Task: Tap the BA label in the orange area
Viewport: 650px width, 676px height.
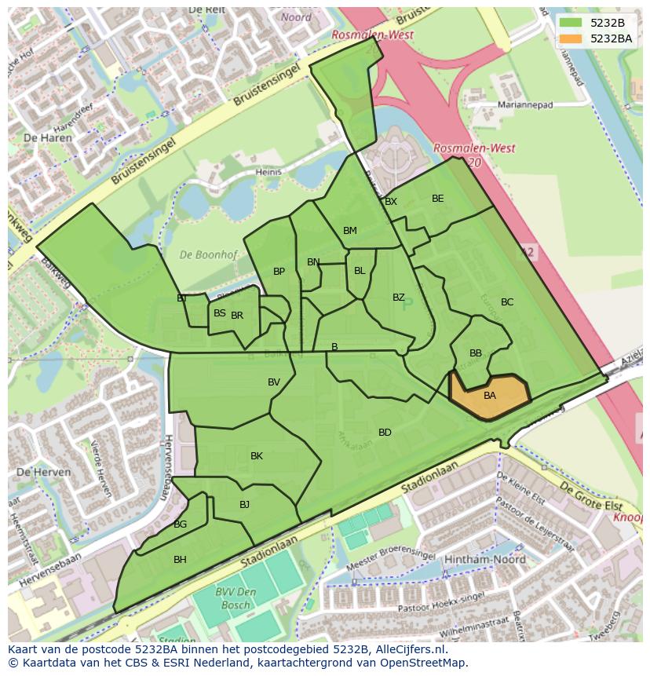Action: pyautogui.click(x=490, y=396)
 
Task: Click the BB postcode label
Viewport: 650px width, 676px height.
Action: pyautogui.click(x=476, y=353)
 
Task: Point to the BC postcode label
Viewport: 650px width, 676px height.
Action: pyautogui.click(x=507, y=302)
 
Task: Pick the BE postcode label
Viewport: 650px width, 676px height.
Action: pyautogui.click(x=438, y=199)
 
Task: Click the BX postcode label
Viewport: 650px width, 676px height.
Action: pyautogui.click(x=391, y=202)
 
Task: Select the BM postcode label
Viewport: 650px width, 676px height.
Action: pyautogui.click(x=350, y=231)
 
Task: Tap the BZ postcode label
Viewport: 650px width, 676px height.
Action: pyautogui.click(x=399, y=298)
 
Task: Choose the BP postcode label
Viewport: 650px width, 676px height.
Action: pyautogui.click(x=279, y=272)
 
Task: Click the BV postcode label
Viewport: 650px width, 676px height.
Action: pyautogui.click(x=274, y=382)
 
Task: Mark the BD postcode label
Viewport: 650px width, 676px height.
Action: pyautogui.click(x=385, y=433)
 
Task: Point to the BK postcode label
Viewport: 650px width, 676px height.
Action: pyautogui.click(x=257, y=456)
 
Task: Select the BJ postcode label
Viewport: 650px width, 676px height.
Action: pyautogui.click(x=244, y=505)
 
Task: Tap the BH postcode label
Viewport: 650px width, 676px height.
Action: pyautogui.click(x=180, y=560)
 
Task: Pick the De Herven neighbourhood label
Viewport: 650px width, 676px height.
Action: pyautogui.click(x=43, y=473)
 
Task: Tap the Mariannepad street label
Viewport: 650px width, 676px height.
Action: pyautogui.click(x=525, y=104)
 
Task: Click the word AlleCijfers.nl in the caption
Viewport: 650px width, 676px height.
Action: pyautogui.click(x=411, y=649)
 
